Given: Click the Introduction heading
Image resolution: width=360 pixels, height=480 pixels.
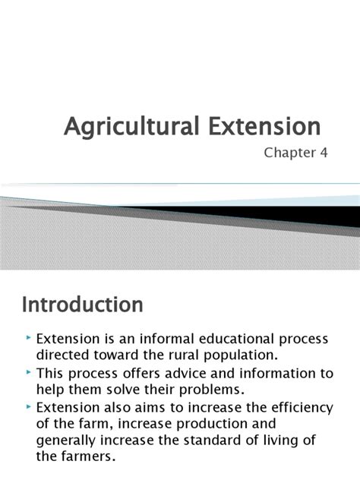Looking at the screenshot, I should coord(82,305).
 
